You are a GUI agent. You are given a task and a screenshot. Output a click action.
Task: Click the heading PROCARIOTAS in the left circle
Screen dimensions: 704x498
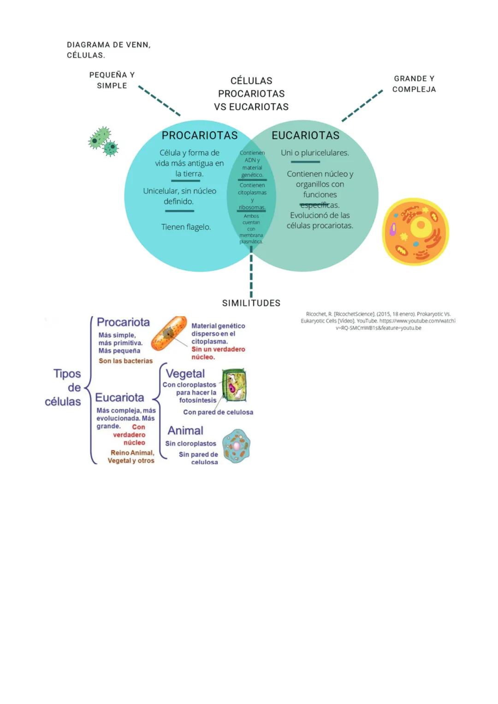[200, 135]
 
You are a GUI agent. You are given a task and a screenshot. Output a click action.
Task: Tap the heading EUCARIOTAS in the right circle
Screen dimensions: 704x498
[305, 135]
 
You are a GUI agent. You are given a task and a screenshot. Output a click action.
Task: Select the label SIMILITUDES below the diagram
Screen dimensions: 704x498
[251, 303]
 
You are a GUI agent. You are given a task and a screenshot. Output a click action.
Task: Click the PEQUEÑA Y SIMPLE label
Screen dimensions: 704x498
[112, 80]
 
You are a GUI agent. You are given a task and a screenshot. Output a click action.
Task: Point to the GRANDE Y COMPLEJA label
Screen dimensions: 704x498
[414, 84]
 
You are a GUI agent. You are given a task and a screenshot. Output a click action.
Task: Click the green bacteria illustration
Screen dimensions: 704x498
[103, 141]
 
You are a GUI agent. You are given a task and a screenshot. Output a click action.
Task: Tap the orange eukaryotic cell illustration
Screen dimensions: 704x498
[415, 231]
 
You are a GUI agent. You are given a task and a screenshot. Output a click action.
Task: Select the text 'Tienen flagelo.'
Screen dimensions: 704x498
[186, 227]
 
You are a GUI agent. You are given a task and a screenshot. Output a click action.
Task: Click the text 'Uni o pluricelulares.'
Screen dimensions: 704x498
[315, 153]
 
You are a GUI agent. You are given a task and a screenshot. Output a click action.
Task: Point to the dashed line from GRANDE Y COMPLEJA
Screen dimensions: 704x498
[362, 106]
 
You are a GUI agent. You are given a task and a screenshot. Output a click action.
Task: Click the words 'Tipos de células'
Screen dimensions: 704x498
[65, 387]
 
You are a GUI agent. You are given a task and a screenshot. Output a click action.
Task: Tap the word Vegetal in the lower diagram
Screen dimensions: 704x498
[185, 374]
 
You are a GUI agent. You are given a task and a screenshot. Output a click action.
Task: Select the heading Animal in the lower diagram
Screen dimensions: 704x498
[185, 430]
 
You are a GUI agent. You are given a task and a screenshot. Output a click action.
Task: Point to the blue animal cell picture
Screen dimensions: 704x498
[236, 446]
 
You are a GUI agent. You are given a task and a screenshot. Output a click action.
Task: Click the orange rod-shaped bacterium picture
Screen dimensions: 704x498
[169, 333]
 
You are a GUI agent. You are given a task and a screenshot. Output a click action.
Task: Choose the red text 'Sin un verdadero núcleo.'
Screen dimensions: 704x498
[218, 353]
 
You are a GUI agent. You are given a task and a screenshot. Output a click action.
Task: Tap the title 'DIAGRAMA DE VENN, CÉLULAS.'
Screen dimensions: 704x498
[109, 50]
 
